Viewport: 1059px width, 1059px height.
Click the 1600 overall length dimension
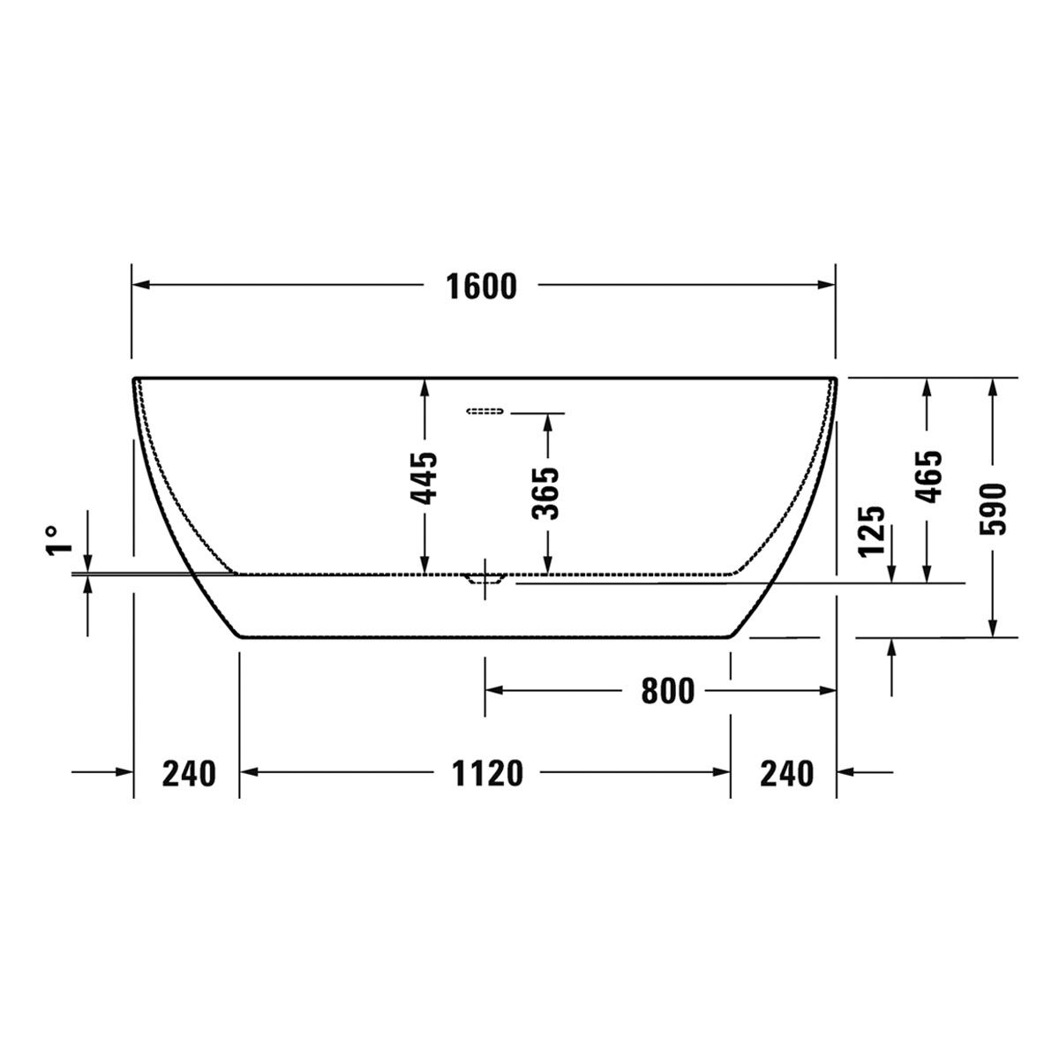[x=481, y=287]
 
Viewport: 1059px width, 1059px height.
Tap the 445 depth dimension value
[x=424, y=477]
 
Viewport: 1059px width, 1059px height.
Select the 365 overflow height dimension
[x=545, y=493]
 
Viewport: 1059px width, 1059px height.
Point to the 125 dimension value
[x=872, y=531]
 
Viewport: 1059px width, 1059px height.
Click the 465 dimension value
[x=928, y=477]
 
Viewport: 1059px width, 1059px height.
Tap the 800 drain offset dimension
[x=668, y=691]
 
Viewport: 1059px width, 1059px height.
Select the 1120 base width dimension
[x=487, y=773]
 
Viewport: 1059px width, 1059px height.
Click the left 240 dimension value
[x=189, y=773]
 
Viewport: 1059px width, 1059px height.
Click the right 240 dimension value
[x=786, y=773]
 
